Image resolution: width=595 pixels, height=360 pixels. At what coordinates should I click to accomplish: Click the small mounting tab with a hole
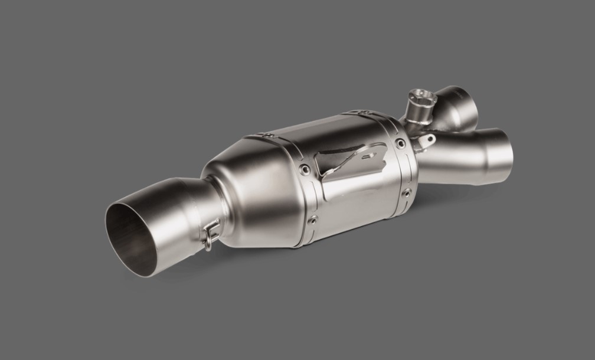pos(428,141)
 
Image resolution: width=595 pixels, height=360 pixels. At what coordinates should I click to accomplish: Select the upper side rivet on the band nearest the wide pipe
pos(304,169)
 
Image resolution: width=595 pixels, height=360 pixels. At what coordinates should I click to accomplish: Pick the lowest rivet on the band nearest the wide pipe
pos(313,220)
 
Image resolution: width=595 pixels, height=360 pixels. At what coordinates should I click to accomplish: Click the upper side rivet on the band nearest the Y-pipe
pos(401,143)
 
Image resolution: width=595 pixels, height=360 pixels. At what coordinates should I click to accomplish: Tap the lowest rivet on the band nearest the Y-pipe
pos(407,192)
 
